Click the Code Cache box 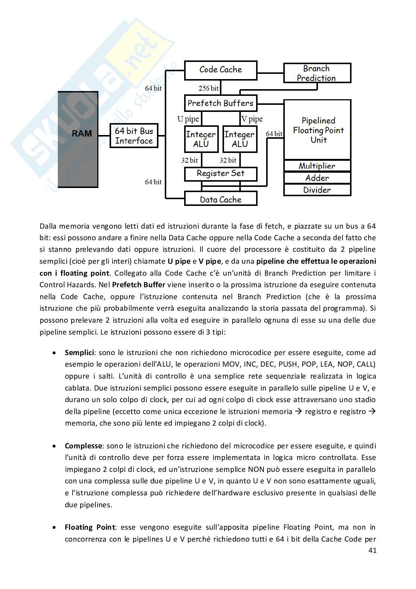point(221,70)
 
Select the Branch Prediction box point(317,73)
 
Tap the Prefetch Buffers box point(221,103)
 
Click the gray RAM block point(78,139)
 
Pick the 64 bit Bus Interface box point(134,136)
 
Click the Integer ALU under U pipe point(201,139)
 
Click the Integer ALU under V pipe point(240,139)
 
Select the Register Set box point(221,173)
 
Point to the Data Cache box point(221,199)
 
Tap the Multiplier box point(317,166)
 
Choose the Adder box point(317,178)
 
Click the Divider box point(317,190)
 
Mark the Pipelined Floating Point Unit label point(318,130)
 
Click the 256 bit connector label point(209,88)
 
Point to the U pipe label point(188,119)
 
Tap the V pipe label point(252,119)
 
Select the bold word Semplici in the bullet point(79,353)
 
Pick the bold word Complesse point(83,446)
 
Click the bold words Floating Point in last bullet point(89,527)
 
